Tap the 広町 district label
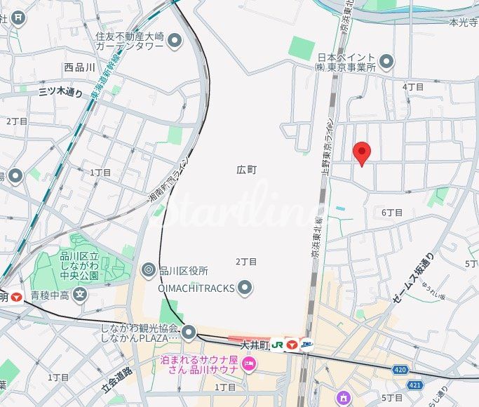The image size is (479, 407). click(x=247, y=170)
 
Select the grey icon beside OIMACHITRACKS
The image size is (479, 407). click(x=245, y=287)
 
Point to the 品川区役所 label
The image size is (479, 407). click(x=184, y=270)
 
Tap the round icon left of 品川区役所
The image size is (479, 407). click(x=149, y=269)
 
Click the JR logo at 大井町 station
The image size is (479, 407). click(x=278, y=345)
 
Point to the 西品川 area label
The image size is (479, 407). click(x=78, y=67)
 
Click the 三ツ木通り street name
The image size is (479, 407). click(x=60, y=91)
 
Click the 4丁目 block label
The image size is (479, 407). click(x=413, y=87)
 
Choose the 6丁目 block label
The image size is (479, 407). click(x=392, y=212)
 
